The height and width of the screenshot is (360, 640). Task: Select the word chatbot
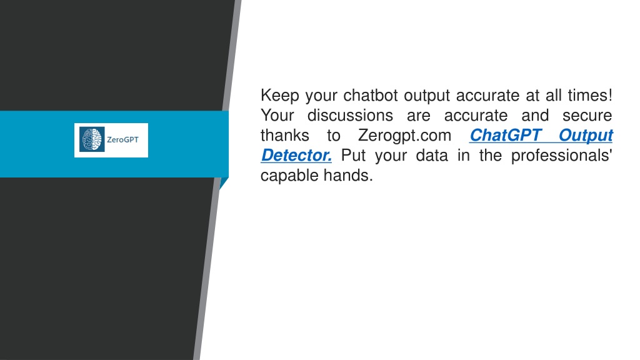click(370, 96)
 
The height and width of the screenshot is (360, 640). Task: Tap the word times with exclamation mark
click(590, 96)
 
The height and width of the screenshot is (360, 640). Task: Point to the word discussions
click(350, 116)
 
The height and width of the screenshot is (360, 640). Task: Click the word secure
click(587, 116)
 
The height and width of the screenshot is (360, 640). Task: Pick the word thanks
click(284, 136)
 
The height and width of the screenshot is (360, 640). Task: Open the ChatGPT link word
click(505, 136)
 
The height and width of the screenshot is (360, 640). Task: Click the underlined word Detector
click(296, 156)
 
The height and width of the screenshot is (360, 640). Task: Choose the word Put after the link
click(353, 156)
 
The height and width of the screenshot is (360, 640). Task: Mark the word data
click(431, 156)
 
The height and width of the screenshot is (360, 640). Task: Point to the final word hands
click(348, 176)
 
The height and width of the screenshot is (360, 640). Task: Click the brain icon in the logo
click(92, 139)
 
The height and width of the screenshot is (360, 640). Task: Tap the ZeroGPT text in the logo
click(122, 139)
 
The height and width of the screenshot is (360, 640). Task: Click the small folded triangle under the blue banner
click(223, 182)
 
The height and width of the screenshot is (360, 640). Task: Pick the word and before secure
click(535, 116)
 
